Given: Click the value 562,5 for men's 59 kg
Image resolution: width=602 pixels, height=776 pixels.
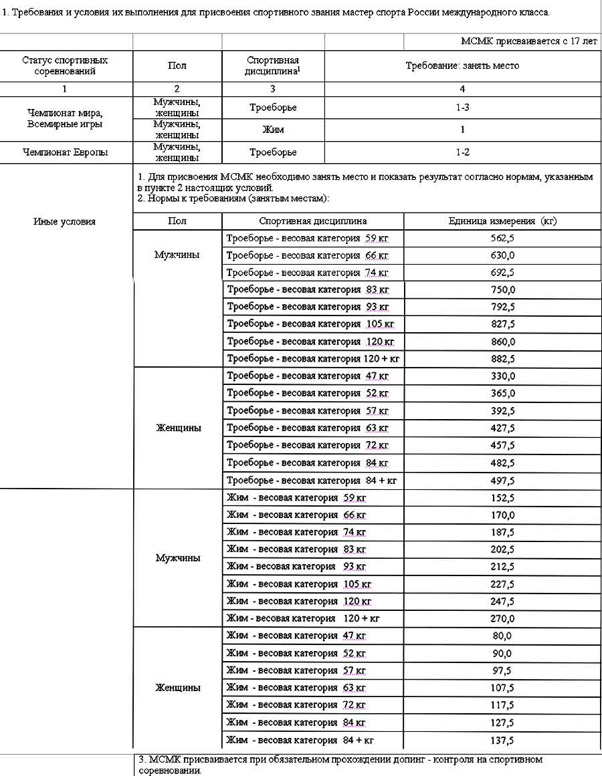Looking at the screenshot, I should tap(502, 238).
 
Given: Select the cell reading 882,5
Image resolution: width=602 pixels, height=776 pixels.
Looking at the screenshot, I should tap(502, 359).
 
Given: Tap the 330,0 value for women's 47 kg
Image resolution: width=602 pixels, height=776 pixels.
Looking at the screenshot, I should tap(502, 376).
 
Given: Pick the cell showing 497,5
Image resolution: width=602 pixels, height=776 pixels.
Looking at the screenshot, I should tap(502, 481).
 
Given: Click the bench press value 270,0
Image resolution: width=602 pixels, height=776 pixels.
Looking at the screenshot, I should tap(502, 619).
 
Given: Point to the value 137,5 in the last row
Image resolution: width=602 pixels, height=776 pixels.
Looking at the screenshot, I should tap(502, 741).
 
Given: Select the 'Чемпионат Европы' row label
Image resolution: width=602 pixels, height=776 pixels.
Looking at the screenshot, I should tap(65, 152).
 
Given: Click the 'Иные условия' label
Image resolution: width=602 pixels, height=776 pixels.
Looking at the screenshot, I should tap(64, 222).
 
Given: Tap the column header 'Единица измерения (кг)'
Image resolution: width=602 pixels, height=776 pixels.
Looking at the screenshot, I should tap(502, 221).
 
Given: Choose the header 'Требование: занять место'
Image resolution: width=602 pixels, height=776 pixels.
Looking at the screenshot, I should tap(462, 66).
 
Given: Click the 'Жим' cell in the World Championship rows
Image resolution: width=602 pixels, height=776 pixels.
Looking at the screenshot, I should tap(273, 130).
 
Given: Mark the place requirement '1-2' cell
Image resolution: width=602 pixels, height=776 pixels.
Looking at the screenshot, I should tap(462, 152).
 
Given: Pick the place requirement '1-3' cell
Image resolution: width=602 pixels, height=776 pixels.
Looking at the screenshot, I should tap(462, 107).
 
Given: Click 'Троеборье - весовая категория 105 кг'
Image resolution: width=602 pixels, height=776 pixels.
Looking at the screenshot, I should tap(310, 324).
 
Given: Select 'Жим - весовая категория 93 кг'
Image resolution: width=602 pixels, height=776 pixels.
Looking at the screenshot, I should tap(296, 567).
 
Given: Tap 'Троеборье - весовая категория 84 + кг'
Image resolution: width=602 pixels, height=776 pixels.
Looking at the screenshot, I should tap(312, 481).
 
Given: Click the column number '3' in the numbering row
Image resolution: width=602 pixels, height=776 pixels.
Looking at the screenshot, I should tap(273, 88).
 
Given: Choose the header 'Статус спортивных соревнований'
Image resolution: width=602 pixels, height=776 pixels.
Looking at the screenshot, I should tap(65, 66).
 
